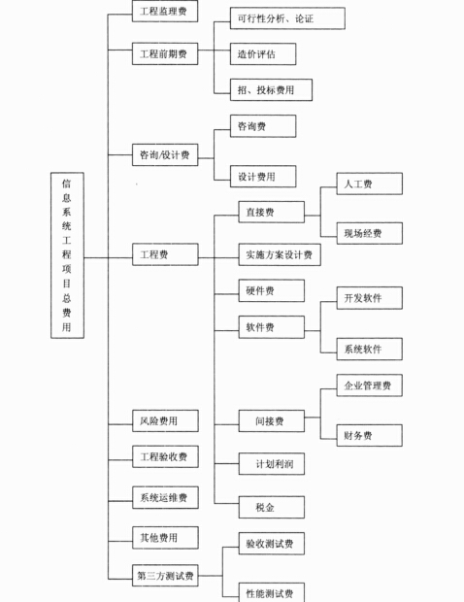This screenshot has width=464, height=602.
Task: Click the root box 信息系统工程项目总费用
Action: [67, 255]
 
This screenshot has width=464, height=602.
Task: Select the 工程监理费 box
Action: [165, 11]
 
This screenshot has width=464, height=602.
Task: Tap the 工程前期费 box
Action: [165, 53]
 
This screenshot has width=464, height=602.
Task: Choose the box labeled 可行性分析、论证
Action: [287, 18]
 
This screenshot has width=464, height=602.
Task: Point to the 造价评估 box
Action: [263, 54]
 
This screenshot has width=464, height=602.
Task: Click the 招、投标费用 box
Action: [271, 90]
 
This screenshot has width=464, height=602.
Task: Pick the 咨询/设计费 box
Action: [165, 154]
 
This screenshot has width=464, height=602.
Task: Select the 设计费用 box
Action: [263, 177]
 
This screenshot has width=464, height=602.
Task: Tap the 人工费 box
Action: [370, 184]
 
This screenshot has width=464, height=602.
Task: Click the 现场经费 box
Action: [370, 233]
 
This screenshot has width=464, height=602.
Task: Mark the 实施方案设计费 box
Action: [280, 254]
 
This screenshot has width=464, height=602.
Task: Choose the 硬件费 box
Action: [272, 290]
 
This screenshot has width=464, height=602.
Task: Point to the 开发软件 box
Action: [370, 298]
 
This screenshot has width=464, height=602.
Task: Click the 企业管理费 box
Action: [370, 385]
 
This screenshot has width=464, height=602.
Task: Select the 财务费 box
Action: [370, 435]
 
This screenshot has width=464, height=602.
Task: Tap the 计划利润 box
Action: [272, 464]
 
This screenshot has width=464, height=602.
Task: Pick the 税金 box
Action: [272, 507]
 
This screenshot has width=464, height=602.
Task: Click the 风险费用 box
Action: [165, 420]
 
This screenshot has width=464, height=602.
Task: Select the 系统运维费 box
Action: [165, 497]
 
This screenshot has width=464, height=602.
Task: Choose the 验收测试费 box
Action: [272, 544]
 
